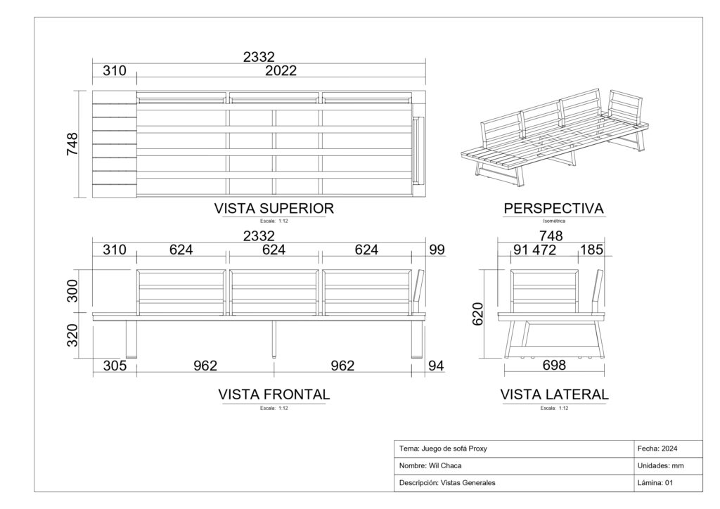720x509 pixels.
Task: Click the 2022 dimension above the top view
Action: (x=281, y=71)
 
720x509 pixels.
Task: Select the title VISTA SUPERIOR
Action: (x=274, y=208)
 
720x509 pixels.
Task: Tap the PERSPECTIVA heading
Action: (x=554, y=208)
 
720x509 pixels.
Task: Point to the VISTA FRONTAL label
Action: (x=274, y=394)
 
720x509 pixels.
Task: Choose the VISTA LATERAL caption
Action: (x=554, y=394)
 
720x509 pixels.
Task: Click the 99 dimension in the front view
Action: (x=437, y=250)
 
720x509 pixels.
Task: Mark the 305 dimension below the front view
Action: (x=115, y=366)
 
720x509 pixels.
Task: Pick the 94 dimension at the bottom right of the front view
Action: (x=436, y=366)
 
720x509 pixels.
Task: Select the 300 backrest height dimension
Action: (x=72, y=291)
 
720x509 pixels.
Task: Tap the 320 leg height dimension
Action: (x=72, y=335)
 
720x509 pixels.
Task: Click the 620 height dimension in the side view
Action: (x=478, y=314)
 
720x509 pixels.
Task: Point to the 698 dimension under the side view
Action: (x=554, y=366)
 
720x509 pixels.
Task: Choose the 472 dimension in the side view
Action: (x=544, y=250)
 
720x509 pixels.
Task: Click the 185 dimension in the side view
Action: (x=591, y=250)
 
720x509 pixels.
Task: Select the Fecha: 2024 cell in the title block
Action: (x=657, y=449)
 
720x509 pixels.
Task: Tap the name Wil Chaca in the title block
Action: (x=445, y=466)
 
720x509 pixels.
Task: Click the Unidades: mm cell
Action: (x=660, y=466)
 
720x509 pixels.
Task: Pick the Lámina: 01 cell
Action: (x=655, y=483)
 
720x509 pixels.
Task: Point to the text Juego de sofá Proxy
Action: (x=454, y=449)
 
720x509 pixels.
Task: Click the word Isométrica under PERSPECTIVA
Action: (x=554, y=221)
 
